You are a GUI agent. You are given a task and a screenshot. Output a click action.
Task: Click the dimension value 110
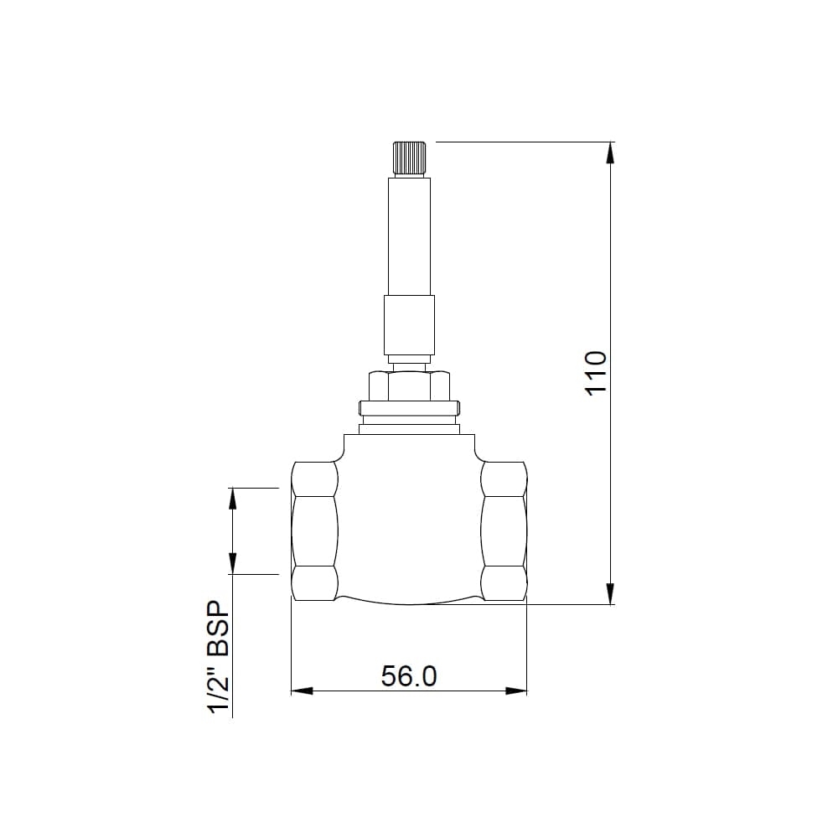click(595, 373)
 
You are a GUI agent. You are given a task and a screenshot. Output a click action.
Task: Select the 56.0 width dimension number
click(409, 675)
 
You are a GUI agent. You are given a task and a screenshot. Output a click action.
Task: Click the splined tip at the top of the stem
click(409, 158)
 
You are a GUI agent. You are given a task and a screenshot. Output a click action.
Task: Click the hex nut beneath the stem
click(409, 386)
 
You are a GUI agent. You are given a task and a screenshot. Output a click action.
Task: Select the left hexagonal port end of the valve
click(314, 530)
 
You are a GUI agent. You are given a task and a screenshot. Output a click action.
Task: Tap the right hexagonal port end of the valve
click(504, 530)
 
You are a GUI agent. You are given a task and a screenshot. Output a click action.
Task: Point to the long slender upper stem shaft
click(409, 235)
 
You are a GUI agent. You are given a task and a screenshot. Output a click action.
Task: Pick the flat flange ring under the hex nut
click(409, 409)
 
